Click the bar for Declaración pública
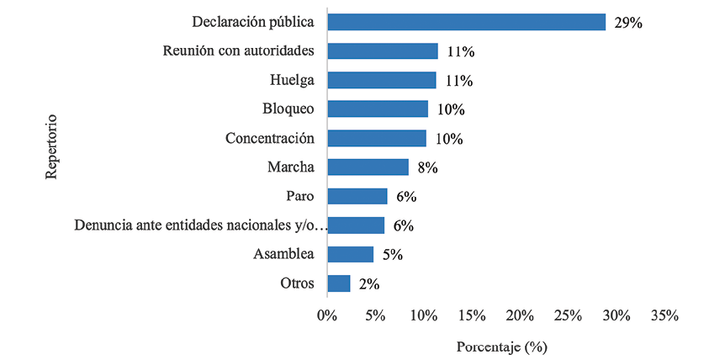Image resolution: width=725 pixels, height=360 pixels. coord(466,22)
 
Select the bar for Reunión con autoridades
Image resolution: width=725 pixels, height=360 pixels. coord(383,51)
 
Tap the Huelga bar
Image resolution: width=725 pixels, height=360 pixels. coord(382,80)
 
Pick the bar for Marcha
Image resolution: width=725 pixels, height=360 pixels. coord(368,167)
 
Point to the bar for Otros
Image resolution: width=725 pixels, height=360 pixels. coord(338,283)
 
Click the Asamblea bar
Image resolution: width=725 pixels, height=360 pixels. coord(350,254)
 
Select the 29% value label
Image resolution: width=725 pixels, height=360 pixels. coord(628,23)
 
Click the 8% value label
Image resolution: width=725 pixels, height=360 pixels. coord(428,168)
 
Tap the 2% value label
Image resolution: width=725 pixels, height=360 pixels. coord(369,284)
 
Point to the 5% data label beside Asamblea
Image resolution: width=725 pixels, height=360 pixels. coord(393,255)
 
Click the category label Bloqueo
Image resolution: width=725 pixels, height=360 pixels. coord(288,109)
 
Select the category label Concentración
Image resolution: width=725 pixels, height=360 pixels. coord(269,138)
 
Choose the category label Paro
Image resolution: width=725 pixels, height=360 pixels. coord(299,196)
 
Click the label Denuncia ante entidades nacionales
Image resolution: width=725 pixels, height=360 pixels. coord(194,225)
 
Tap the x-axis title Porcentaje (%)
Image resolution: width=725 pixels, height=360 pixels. coord(501,346)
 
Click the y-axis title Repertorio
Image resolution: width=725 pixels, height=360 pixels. coord(51,146)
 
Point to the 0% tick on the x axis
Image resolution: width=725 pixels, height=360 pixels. coord(326,315)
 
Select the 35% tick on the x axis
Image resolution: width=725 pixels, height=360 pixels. coord(664,315)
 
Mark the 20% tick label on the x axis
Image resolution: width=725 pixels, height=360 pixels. coord(519,315)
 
